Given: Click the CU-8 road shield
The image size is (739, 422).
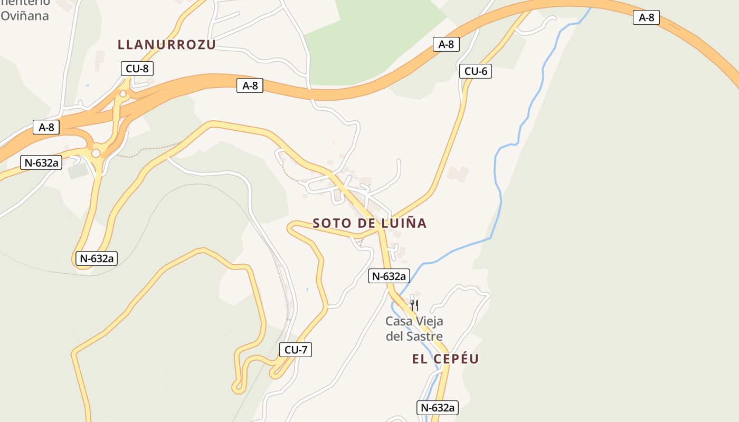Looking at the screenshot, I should pyautogui.click(x=137, y=69).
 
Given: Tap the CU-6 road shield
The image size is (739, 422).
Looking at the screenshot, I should pyautogui.click(x=476, y=71).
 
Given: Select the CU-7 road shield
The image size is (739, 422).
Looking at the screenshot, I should pyautogui.click(x=296, y=349).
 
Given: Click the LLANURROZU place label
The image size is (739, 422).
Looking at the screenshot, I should pyautogui.click(x=167, y=44).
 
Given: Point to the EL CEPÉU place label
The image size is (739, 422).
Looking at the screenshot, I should pyautogui.click(x=446, y=359).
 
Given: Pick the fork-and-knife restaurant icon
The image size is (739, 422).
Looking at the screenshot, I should pyautogui.click(x=414, y=305).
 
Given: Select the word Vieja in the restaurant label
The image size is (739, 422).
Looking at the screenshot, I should pyautogui.click(x=429, y=321).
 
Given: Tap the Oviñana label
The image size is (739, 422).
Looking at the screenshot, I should pyautogui.click(x=25, y=16).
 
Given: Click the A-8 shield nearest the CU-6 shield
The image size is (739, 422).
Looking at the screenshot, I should pyautogui.click(x=446, y=44).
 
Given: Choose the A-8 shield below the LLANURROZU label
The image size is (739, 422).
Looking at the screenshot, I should pyautogui.click(x=250, y=85).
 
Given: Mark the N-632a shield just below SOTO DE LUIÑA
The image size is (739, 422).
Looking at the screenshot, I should pyautogui.click(x=389, y=276).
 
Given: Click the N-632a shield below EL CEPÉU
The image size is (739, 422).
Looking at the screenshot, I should pyautogui.click(x=438, y=407).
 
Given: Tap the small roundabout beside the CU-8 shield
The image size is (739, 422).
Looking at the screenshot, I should pyautogui.click(x=123, y=94).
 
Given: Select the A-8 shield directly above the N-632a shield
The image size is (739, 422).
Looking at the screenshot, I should pyautogui.click(x=46, y=127).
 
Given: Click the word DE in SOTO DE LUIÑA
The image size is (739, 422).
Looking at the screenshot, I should pyautogui.click(x=365, y=223).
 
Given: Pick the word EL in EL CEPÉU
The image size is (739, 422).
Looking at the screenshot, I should pyautogui.click(x=419, y=359).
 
